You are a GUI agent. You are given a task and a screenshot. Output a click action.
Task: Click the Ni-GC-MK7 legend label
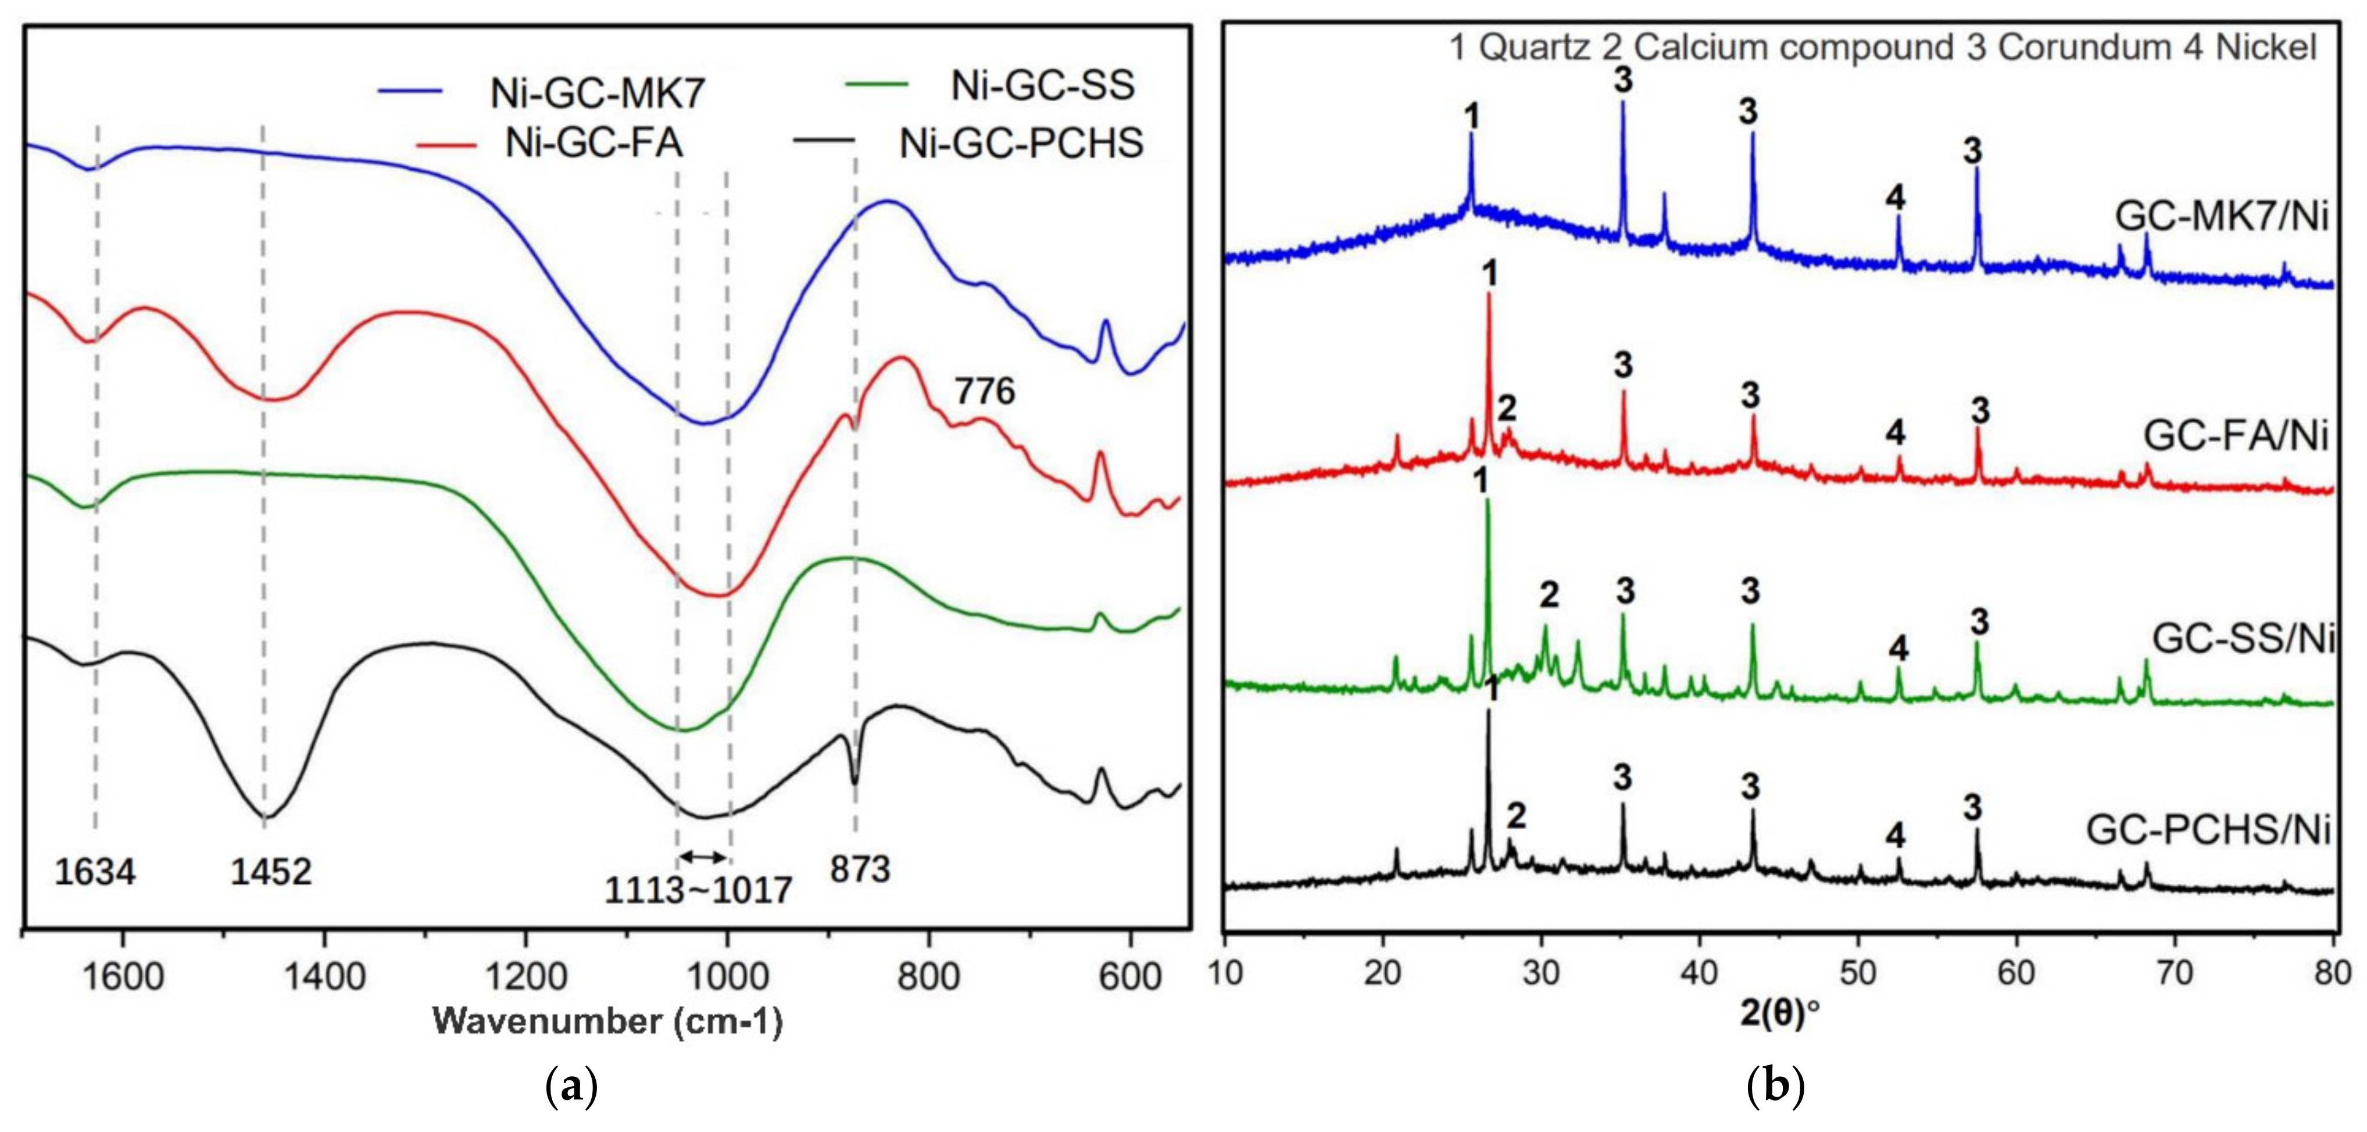(597, 93)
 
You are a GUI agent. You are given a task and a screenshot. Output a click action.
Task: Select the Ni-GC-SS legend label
(1042, 85)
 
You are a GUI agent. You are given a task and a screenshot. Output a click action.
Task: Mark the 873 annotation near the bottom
(860, 868)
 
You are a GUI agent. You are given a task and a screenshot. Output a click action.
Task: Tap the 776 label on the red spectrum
(984, 392)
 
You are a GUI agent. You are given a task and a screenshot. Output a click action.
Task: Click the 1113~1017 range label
(698, 890)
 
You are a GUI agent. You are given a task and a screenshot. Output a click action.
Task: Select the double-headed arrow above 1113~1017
(703, 857)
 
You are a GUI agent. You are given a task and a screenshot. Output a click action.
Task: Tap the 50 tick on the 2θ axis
(1858, 972)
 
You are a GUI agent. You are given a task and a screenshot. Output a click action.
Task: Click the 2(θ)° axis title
(1779, 1012)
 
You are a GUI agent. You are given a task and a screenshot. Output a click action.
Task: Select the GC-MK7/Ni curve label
(2221, 217)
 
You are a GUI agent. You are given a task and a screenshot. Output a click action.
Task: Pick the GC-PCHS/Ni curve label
(2208, 830)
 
